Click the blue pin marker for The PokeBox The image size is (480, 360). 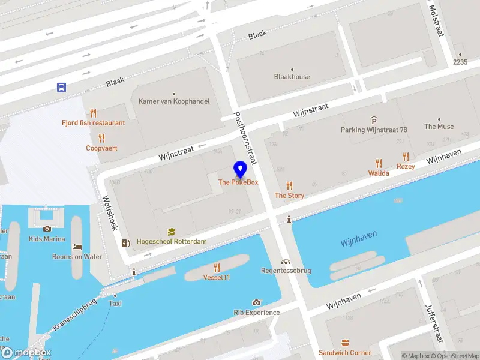coord(240,169)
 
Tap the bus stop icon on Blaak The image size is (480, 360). coord(61,87)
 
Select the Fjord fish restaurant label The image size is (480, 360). coord(93,122)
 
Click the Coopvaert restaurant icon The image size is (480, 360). coord(101,138)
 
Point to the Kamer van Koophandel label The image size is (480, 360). coord(174,101)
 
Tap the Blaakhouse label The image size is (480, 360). coord(292,77)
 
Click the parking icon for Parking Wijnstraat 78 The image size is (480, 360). coord(374,120)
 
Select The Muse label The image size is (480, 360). coord(439,127)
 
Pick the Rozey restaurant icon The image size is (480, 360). coord(406,156)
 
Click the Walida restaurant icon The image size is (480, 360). coord(379,163)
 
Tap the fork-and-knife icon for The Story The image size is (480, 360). coord(290,185)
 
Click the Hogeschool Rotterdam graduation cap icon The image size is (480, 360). coord(171,232)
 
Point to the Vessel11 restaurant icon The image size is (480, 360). coord(217,268)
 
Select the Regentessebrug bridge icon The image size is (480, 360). coord(286,262)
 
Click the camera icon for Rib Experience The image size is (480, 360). coord(257,303)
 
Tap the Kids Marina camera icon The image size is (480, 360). coord(47,229)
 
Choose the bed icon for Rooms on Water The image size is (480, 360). coord(77,247)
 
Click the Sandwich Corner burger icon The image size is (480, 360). coord(345,343)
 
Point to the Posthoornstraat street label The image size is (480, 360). coord(245,139)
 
